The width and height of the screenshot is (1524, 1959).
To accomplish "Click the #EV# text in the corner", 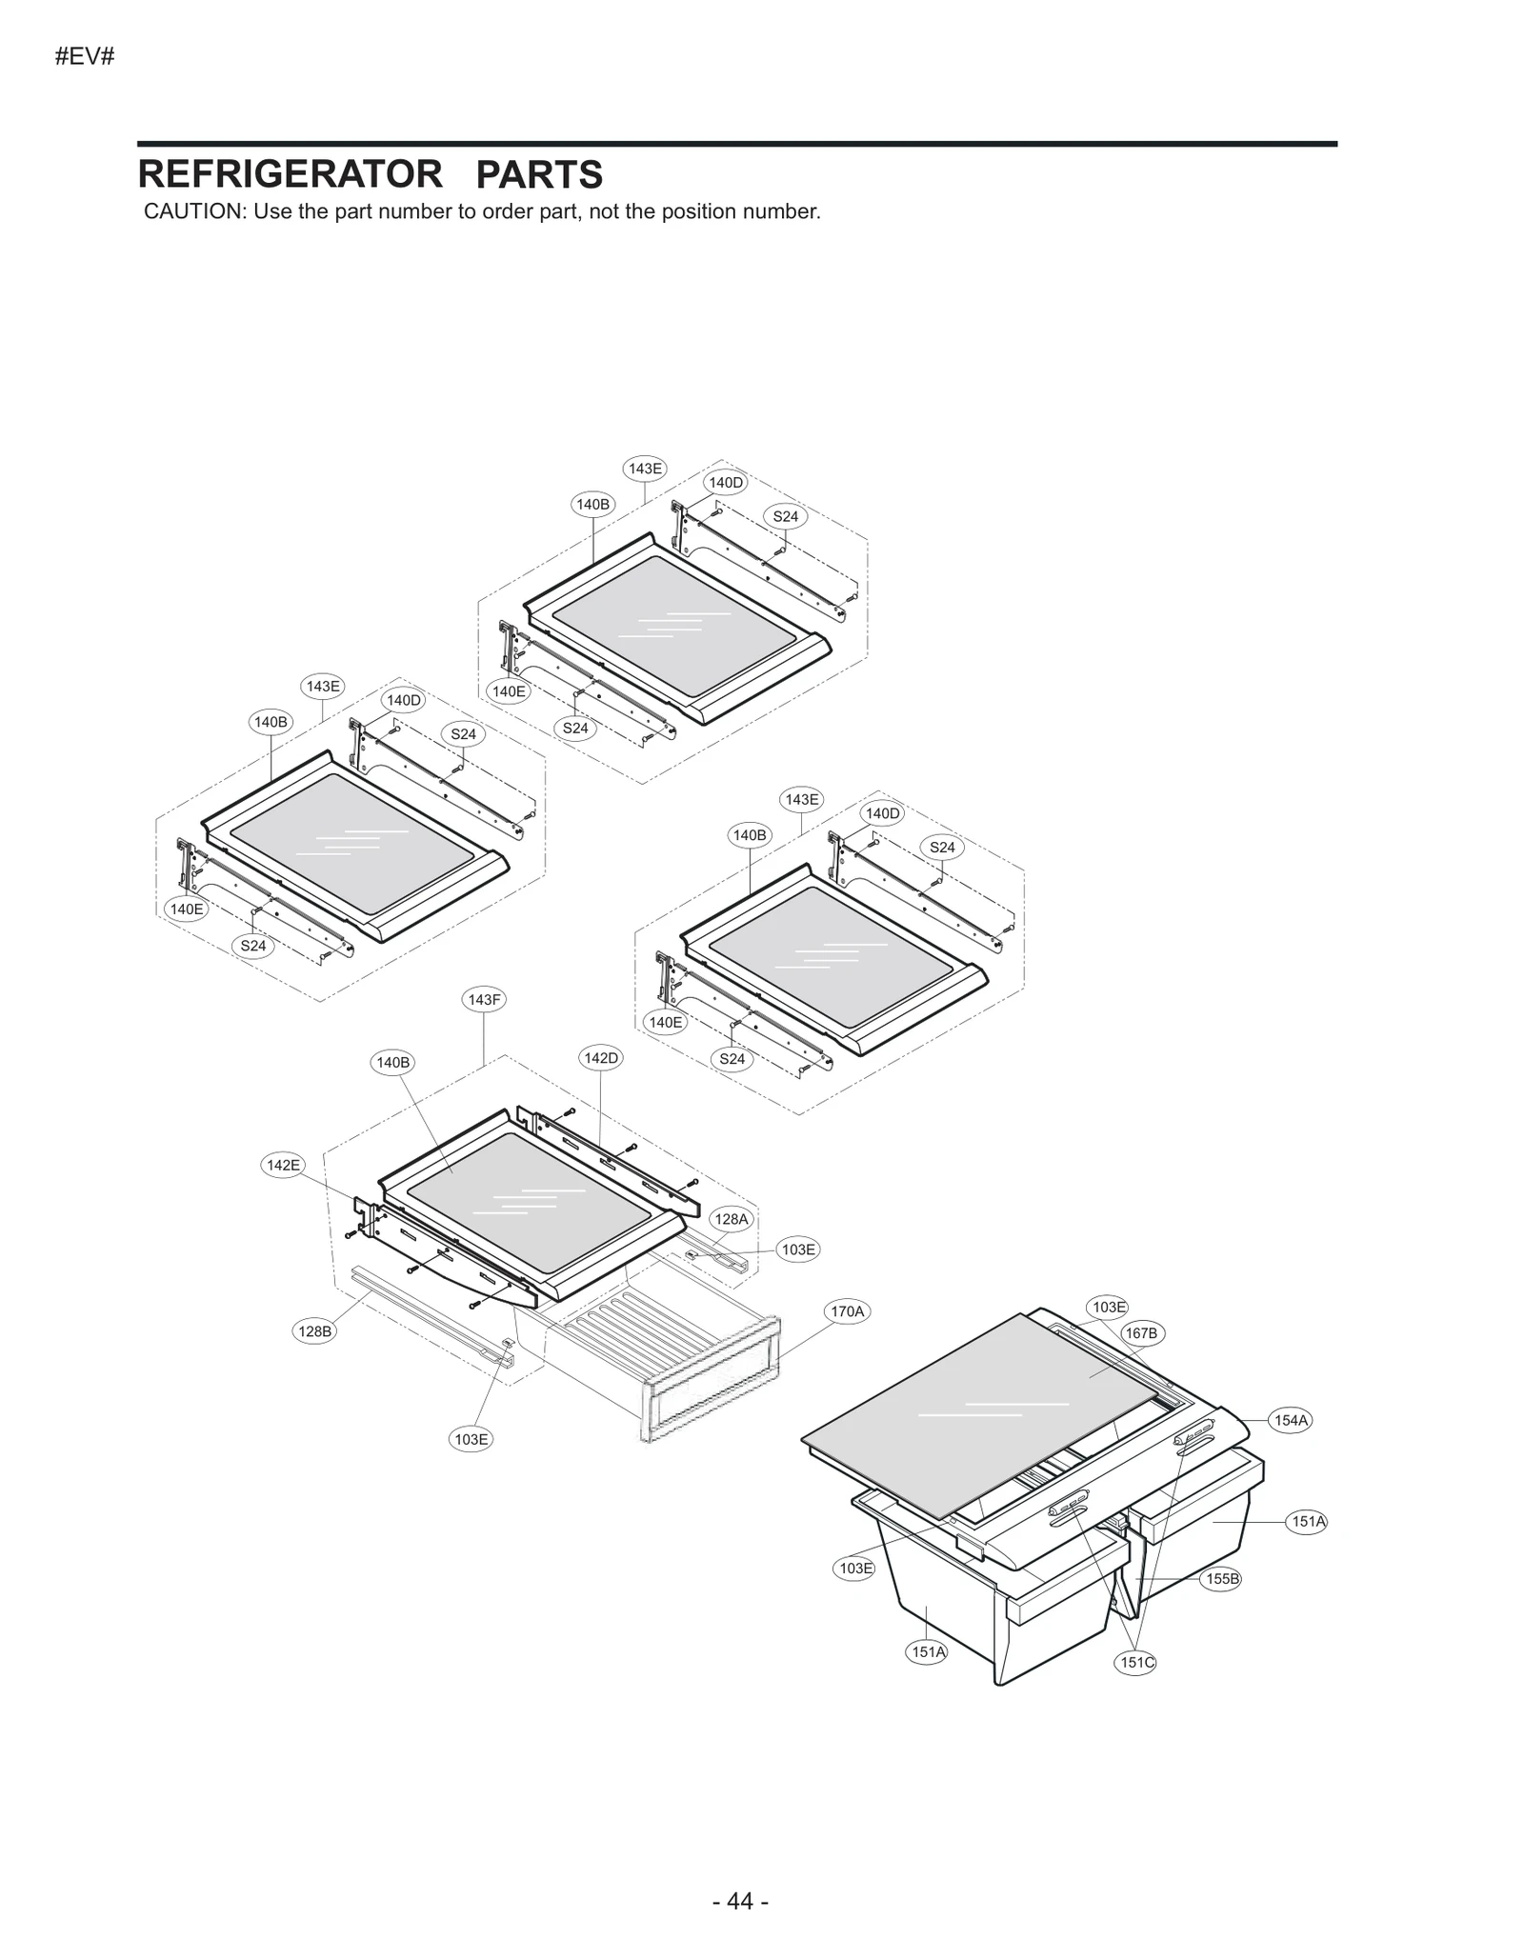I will [x=85, y=57].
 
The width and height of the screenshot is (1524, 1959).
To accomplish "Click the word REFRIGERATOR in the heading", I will [x=290, y=175].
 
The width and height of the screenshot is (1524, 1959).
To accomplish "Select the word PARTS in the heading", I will [x=538, y=175].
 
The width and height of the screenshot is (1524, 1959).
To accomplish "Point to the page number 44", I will [x=740, y=1901].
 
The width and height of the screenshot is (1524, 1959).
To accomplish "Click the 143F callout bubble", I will [x=484, y=1000].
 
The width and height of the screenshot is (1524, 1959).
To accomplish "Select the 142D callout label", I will [x=601, y=1058].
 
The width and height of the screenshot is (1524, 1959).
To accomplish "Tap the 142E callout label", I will [x=283, y=1165].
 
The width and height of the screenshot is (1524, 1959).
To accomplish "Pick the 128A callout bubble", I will [x=732, y=1219].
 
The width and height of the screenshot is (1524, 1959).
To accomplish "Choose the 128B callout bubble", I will [x=314, y=1331].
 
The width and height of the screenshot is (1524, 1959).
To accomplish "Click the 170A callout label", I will [x=847, y=1311].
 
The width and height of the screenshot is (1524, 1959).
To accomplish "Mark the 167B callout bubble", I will [x=1140, y=1333].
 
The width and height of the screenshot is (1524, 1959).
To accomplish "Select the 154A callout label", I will [x=1291, y=1421].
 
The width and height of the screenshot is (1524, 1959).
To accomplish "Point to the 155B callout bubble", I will [x=1222, y=1579].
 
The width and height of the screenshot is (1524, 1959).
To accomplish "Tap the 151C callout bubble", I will [x=1136, y=1663].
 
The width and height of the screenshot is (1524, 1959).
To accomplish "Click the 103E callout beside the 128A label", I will [x=797, y=1249].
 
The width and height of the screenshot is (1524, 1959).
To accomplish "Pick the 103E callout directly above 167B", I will [x=1109, y=1308].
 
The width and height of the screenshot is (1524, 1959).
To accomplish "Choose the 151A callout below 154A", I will [x=1308, y=1522].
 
